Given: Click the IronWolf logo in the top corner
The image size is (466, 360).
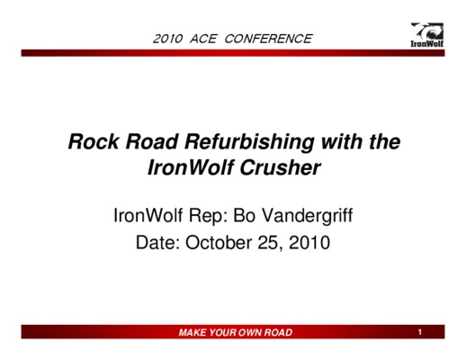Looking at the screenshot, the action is (x=427, y=35).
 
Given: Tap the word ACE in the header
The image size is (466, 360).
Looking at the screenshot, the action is (x=203, y=39).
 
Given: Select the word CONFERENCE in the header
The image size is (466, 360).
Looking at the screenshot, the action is (x=268, y=39).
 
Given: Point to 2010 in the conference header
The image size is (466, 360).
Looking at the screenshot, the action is (x=167, y=39).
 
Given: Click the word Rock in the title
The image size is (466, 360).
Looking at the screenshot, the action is (x=94, y=141).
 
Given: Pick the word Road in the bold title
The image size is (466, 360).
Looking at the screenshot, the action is (x=152, y=141).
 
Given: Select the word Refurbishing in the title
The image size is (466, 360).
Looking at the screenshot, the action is (x=249, y=143).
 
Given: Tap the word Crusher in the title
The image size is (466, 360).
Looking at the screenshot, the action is (x=280, y=167).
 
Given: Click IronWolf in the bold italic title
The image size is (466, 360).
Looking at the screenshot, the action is (x=191, y=167).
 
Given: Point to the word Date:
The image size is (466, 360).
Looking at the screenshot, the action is (x=157, y=242).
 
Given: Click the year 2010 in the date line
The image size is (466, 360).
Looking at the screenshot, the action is (x=309, y=242).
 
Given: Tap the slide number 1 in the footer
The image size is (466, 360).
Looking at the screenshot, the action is (x=420, y=332).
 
